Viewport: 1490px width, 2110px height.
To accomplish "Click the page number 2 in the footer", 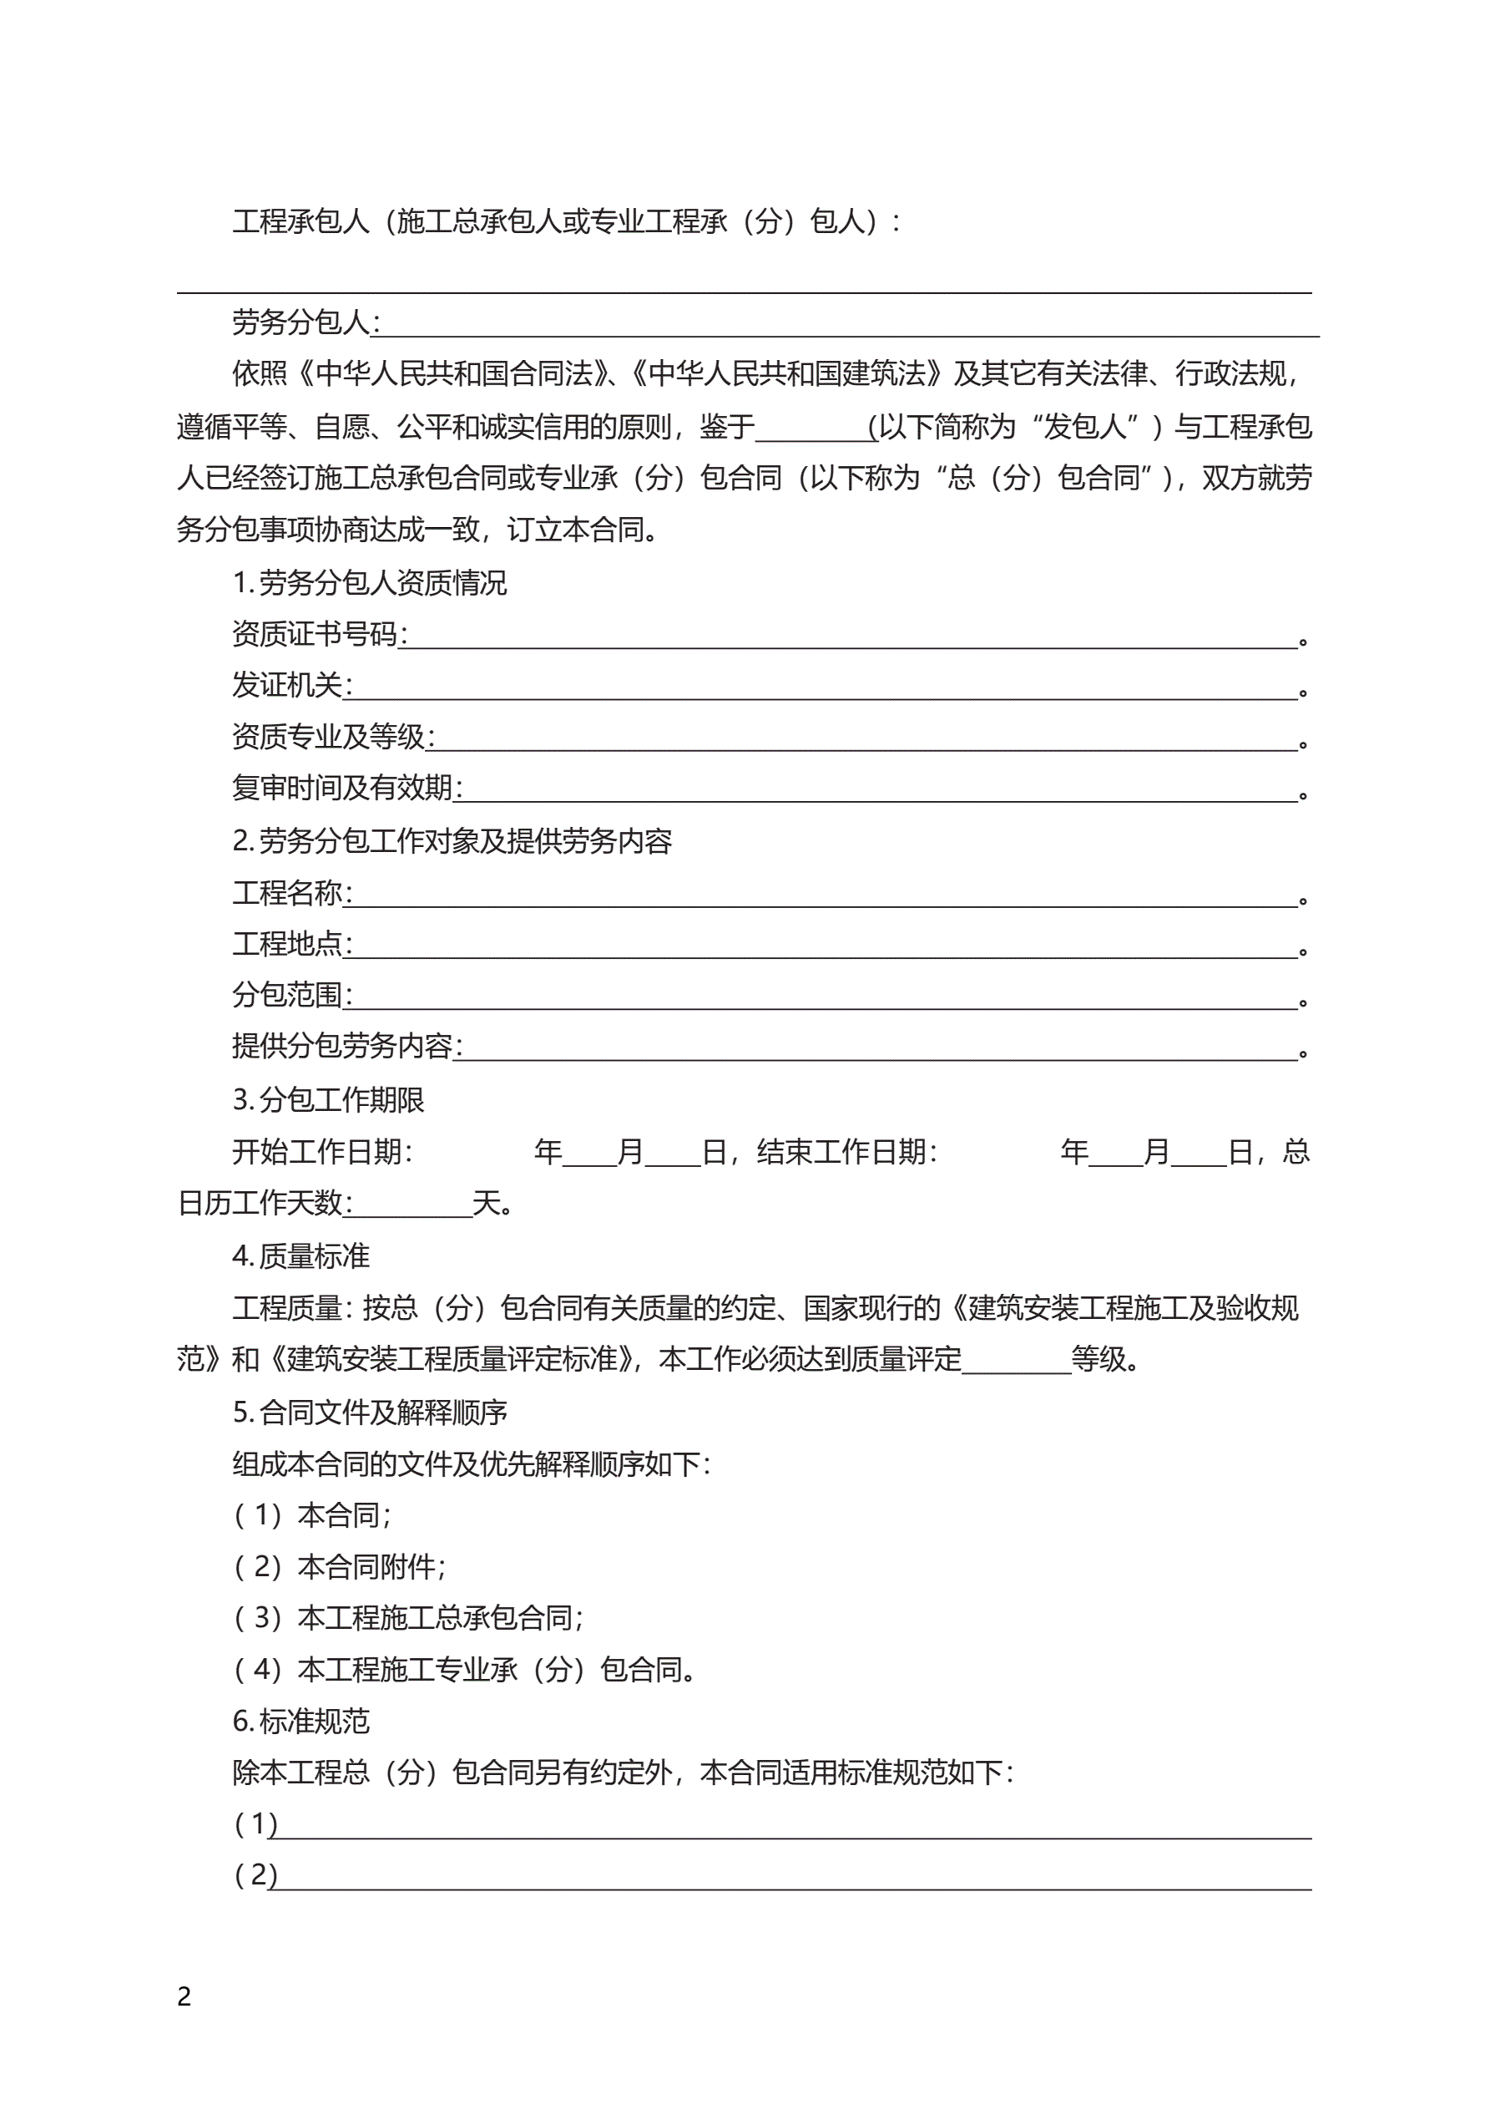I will [184, 1996].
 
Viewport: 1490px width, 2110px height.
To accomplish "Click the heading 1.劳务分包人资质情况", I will [369, 583].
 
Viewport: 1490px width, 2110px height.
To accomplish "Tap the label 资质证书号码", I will [314, 634].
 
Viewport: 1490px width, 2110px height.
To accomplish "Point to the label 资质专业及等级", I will [329, 737].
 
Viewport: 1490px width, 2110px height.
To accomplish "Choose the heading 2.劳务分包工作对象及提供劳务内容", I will [452, 841].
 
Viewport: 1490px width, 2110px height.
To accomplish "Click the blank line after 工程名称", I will [825, 895].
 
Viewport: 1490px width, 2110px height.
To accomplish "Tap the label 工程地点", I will [287, 944].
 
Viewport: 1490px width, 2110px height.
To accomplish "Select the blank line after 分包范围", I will [825, 998].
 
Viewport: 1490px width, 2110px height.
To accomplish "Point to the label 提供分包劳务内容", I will [341, 1046].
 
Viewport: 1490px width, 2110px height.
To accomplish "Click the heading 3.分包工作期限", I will [328, 1099].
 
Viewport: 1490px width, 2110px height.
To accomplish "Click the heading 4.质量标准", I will [301, 1255].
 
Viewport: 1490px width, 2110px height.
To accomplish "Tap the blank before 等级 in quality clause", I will [1016, 1362].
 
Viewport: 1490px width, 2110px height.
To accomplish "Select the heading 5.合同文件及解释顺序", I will [369, 1413].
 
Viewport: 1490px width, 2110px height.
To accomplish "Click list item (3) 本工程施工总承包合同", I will [409, 1617].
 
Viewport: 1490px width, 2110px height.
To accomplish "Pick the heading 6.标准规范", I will [301, 1721].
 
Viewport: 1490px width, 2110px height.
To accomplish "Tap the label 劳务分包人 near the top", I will [301, 322].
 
